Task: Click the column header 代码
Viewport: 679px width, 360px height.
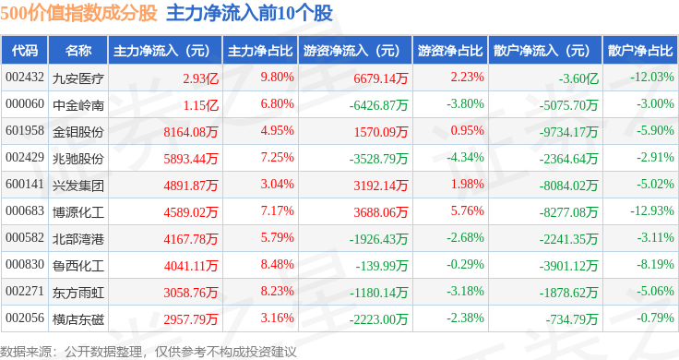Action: pos(25,51)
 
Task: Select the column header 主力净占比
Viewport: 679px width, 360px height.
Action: pos(260,51)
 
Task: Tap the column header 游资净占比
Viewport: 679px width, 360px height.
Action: pos(450,51)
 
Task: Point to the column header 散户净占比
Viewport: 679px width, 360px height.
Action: pos(640,51)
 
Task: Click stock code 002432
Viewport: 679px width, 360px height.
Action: pos(25,78)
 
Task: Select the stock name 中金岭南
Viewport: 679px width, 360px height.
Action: pos(77,105)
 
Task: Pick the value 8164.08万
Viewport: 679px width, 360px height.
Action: pos(191,132)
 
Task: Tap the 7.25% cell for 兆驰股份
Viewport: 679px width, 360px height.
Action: pos(277,157)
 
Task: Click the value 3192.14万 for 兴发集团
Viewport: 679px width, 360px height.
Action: pos(381,186)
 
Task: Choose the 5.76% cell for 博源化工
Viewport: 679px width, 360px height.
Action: pos(467,211)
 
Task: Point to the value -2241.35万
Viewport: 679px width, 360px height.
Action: pos(568,239)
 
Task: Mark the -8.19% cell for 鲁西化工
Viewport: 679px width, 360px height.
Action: pos(655,264)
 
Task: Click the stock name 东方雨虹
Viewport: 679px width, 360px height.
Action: pos(77,293)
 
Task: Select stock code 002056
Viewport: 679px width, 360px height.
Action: pos(25,318)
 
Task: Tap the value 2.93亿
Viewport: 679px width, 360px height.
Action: pos(200,78)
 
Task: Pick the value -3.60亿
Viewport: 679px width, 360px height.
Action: pos(578,78)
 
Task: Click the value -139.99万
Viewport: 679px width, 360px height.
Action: pos(382,266)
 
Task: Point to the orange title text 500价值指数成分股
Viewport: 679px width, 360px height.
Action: pos(78,13)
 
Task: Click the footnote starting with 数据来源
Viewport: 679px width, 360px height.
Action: pos(149,352)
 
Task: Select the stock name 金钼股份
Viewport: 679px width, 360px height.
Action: pos(77,132)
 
